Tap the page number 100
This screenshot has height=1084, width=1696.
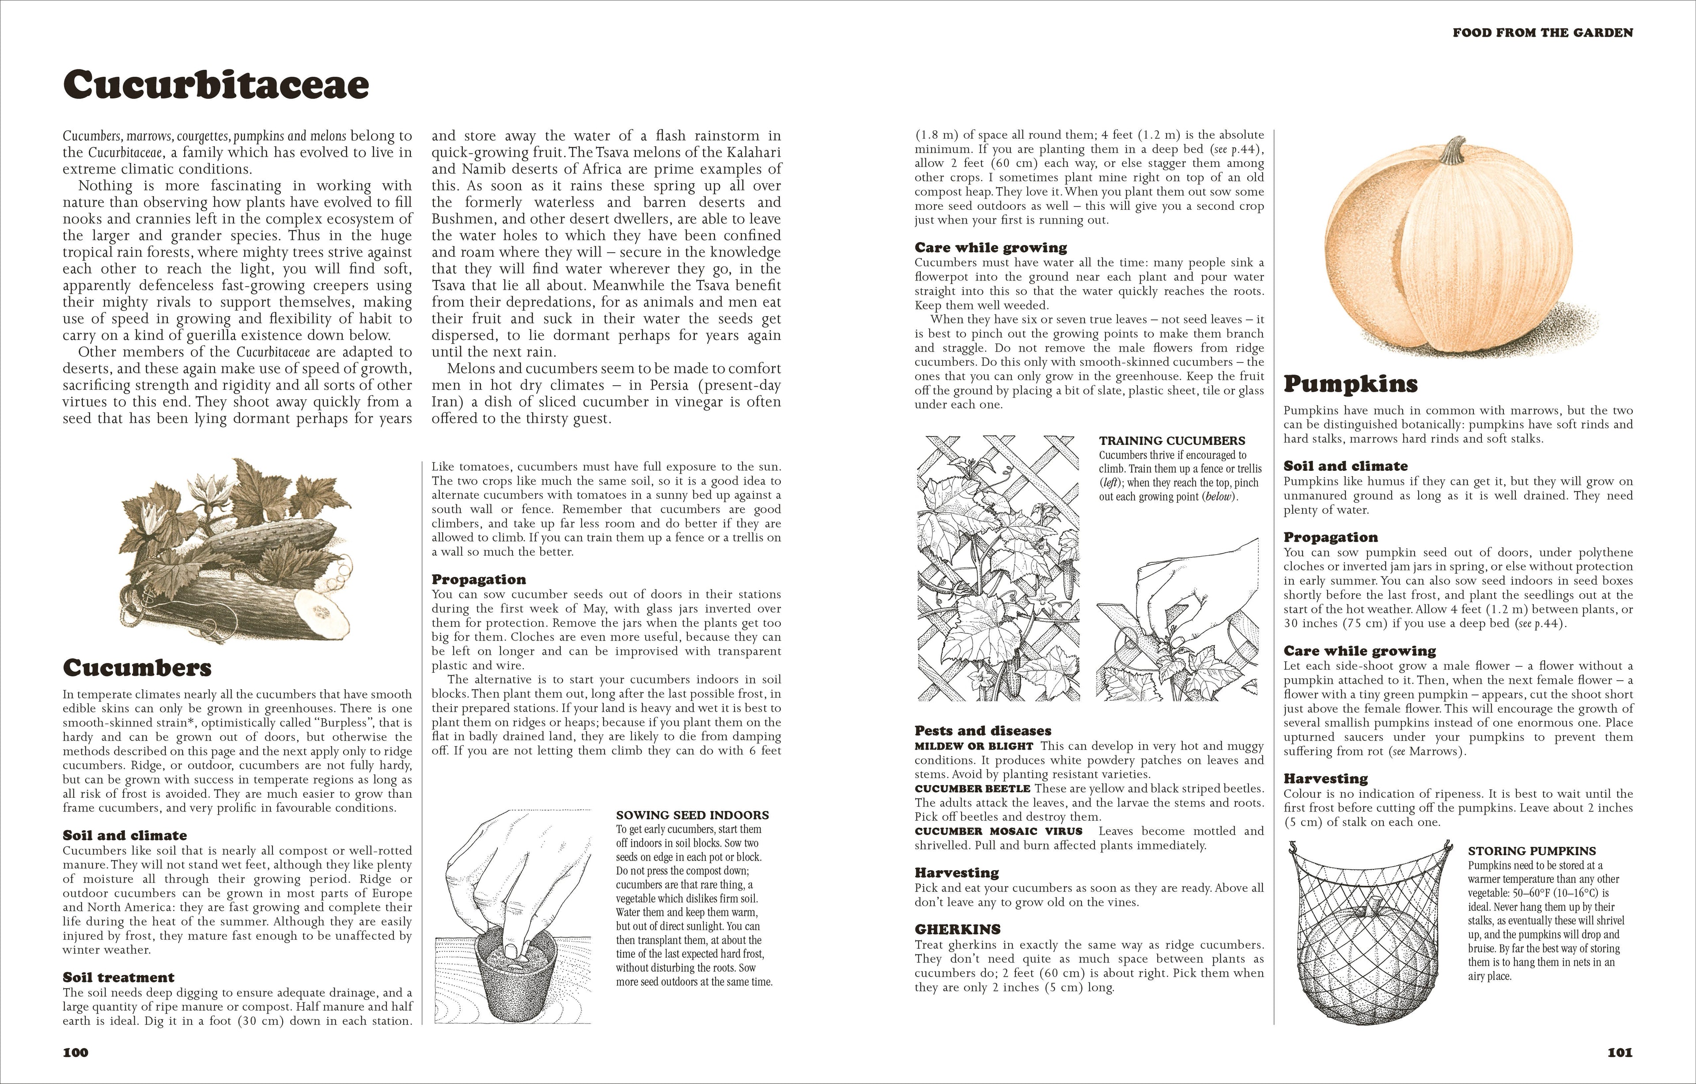(76, 1052)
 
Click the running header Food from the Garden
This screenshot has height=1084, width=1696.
(1542, 32)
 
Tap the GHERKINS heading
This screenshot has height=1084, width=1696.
(957, 929)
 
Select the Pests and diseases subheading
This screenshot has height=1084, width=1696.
(983, 731)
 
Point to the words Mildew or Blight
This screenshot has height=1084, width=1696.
(973, 746)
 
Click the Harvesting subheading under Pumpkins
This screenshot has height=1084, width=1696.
(1325, 778)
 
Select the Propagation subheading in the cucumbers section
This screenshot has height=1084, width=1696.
(478, 579)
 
